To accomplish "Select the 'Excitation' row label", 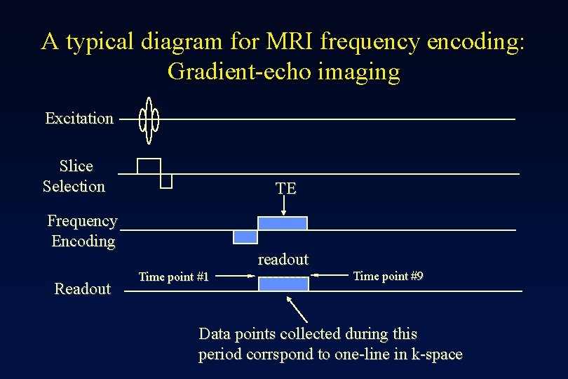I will coord(79,119).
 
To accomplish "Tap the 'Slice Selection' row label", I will coord(74,176).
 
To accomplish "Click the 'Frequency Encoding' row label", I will coord(82,231).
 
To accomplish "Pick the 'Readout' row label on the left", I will coord(83,289).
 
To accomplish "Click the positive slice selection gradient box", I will coord(149,166).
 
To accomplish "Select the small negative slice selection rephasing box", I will coord(166,181).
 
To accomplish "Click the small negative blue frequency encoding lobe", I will coord(245,237).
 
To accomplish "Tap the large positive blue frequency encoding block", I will coord(283,223).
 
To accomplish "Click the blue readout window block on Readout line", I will coord(283,284).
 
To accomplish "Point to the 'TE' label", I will coord(285,189).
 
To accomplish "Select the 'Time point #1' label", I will coord(173,277).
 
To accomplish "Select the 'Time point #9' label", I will coord(388,276).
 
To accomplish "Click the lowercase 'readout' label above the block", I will coord(283,260).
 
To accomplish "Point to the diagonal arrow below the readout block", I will coord(297,309).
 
